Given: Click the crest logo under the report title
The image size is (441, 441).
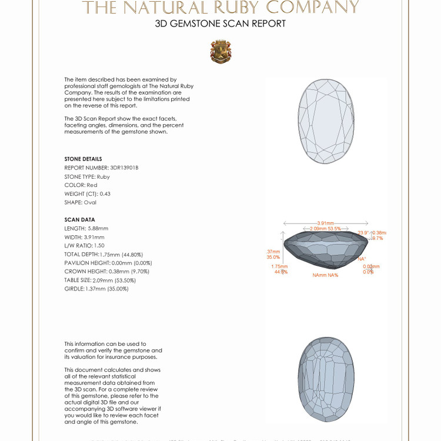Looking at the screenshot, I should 220,52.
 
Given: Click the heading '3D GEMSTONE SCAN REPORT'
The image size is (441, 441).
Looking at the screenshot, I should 220,24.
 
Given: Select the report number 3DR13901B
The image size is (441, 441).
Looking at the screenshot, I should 124,168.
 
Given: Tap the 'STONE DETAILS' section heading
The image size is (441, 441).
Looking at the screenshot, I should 83,159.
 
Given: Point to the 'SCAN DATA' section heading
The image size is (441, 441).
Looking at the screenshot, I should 79,219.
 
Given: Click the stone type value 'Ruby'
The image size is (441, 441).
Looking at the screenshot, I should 103,176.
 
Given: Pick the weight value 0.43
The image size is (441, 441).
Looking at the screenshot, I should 105,193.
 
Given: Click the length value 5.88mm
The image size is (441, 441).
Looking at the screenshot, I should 98,228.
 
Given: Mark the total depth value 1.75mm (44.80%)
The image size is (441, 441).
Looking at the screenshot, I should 125,254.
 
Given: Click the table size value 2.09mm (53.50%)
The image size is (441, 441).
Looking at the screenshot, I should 115,280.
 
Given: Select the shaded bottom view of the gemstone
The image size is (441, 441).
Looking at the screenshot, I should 326,380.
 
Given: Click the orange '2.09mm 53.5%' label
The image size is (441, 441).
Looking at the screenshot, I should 322,229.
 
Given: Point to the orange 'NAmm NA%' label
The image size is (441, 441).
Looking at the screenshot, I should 325,275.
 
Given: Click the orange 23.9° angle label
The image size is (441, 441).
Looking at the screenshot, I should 363,233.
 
